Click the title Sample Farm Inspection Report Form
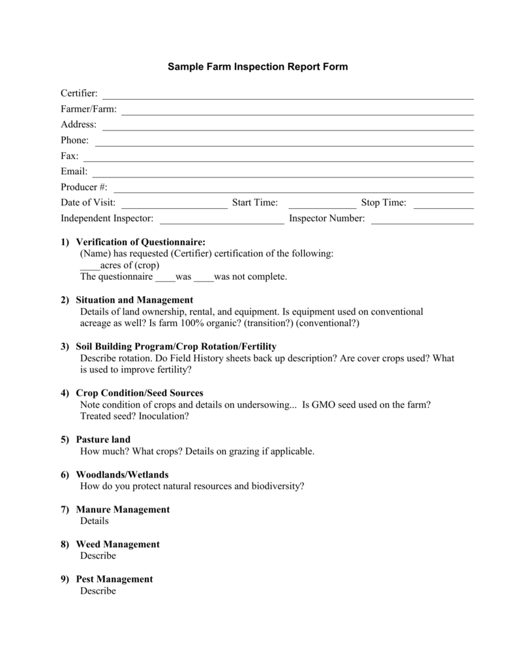(x=258, y=67)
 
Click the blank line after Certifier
(x=288, y=98)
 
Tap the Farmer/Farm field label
(x=89, y=109)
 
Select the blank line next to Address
(x=288, y=129)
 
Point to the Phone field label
(x=74, y=140)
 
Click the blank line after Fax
(x=279, y=160)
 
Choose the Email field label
(x=74, y=172)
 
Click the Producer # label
(x=84, y=187)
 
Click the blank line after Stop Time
(x=444, y=207)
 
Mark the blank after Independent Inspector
(x=222, y=223)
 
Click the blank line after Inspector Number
(x=422, y=223)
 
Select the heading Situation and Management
(x=134, y=299)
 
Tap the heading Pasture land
(x=103, y=440)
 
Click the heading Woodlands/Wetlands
(x=122, y=474)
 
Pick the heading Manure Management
(x=123, y=509)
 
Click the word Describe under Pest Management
(x=98, y=591)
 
